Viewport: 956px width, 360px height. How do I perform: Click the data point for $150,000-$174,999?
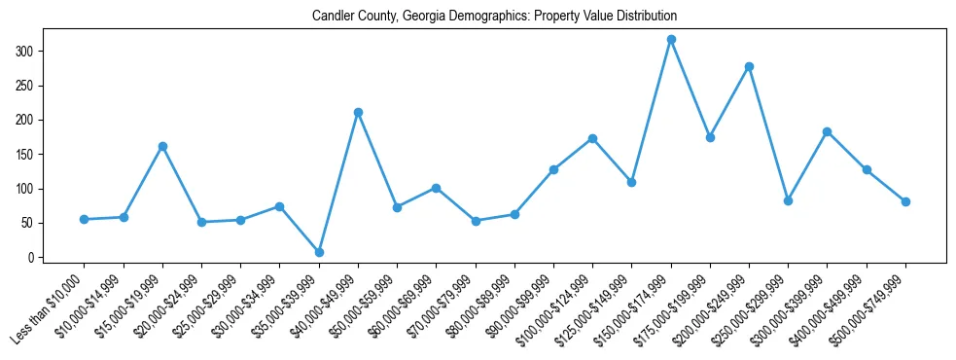pos(671,40)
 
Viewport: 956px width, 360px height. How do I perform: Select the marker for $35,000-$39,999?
pos(319,252)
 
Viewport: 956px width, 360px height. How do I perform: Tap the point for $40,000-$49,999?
pos(358,112)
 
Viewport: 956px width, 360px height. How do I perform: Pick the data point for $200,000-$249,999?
pos(749,66)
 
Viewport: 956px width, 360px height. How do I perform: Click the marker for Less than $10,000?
pos(85,219)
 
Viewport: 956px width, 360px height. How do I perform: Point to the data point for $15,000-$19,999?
pos(162,146)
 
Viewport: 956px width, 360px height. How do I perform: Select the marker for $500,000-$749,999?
pos(905,201)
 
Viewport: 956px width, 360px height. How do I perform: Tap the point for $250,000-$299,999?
pos(788,200)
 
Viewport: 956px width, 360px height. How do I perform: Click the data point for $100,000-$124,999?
pos(592,138)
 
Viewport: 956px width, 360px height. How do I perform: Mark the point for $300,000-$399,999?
pos(827,131)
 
